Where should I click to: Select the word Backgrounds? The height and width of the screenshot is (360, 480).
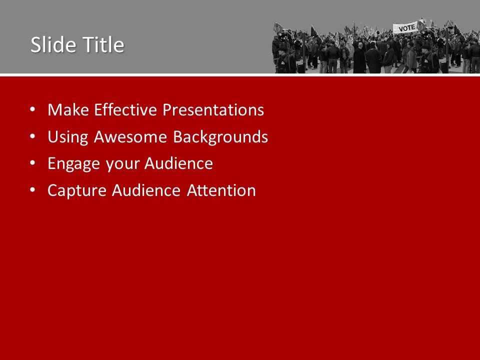point(220,137)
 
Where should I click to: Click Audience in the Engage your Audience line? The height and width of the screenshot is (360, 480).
point(179,164)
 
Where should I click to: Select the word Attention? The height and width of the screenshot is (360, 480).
point(221,191)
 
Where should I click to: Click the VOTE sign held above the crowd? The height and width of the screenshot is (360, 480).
point(405,28)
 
